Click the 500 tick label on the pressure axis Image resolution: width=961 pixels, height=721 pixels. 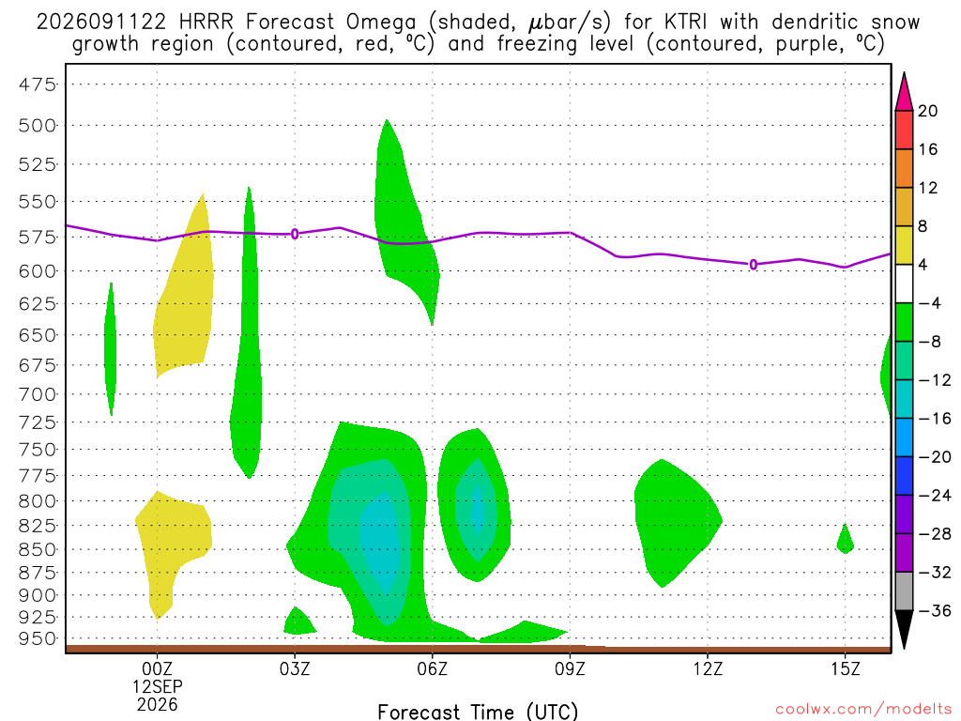click(x=37, y=126)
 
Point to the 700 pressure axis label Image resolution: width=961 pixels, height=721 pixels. click(x=37, y=394)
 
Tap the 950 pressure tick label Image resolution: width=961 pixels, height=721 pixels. click(x=37, y=638)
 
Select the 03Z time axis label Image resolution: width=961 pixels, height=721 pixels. click(x=295, y=668)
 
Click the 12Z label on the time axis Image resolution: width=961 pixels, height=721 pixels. click(x=708, y=668)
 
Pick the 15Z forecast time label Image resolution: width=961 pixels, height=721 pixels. click(x=846, y=668)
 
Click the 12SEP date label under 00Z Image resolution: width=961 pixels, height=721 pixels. click(x=158, y=686)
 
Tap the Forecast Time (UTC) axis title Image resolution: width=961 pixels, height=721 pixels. click(x=478, y=712)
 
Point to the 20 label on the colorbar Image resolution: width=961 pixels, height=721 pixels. click(x=928, y=111)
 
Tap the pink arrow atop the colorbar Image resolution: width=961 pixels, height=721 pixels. click(x=904, y=92)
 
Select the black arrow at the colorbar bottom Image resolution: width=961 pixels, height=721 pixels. click(x=904, y=629)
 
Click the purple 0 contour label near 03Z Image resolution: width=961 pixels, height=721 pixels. click(x=295, y=234)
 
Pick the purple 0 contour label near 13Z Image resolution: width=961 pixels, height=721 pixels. click(x=754, y=264)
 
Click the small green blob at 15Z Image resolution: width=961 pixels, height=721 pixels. click(x=846, y=541)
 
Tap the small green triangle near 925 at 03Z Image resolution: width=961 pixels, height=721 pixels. click(x=298, y=621)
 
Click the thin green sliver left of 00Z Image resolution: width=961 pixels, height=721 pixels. click(x=111, y=349)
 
